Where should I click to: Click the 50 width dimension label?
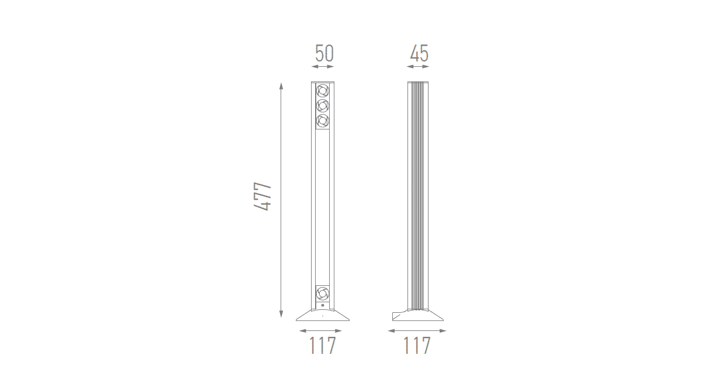324,53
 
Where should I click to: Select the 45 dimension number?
419,53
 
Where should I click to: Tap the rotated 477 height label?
262,197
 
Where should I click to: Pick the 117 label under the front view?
323,345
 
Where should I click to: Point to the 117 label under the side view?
417,345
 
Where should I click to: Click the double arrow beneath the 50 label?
323,67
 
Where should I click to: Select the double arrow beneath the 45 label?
418,67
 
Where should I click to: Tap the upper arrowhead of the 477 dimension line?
281,86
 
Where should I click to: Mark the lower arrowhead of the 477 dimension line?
281,314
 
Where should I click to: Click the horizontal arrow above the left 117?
320,331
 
